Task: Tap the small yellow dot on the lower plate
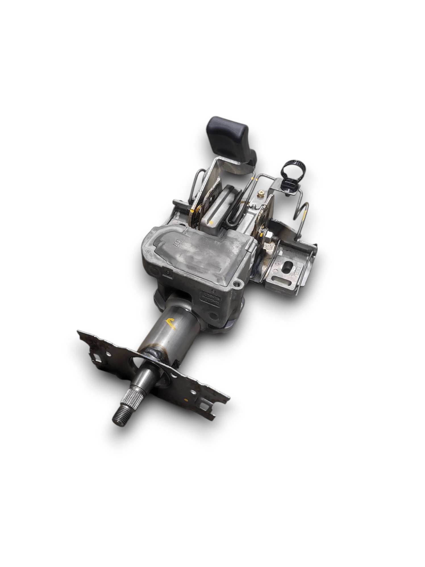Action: pos(186,400)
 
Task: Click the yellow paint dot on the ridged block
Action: pos(211,223)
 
